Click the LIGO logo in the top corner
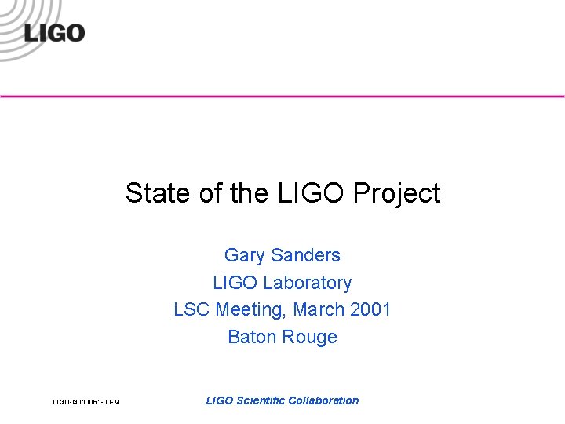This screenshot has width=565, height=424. [53, 33]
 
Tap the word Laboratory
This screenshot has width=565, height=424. [308, 283]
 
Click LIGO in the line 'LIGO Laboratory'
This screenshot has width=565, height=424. [235, 283]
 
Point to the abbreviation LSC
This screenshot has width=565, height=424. [191, 309]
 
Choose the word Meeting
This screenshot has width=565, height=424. [250, 310]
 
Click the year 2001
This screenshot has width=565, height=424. [370, 309]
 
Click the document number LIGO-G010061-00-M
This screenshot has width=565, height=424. [86, 402]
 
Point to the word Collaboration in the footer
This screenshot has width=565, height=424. [323, 400]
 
